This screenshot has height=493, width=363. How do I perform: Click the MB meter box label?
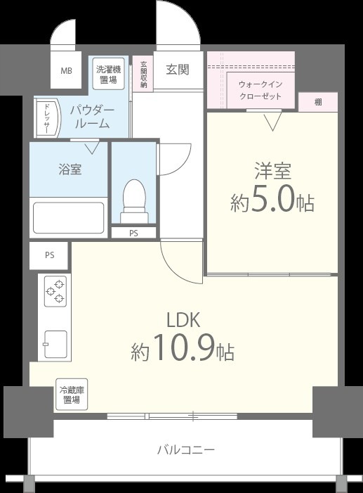pos(66,71)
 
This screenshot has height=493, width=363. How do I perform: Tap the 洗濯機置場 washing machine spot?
pos(109,73)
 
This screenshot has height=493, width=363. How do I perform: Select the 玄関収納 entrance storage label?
pos(143,73)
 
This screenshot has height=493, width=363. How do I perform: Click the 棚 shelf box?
pos(318,102)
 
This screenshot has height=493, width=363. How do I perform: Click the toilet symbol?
pos(133,197)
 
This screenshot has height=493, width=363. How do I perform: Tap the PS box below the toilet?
pos(133,233)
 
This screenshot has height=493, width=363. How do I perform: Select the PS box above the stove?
pos(49,255)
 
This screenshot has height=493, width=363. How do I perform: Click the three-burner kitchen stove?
pos(55,291)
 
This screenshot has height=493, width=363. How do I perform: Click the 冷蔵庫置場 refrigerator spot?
pos(72,395)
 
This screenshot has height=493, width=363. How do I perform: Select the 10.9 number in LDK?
pos(180,350)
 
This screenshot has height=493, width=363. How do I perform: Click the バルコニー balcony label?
pos(185,449)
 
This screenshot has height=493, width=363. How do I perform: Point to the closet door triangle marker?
pos(272,122)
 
